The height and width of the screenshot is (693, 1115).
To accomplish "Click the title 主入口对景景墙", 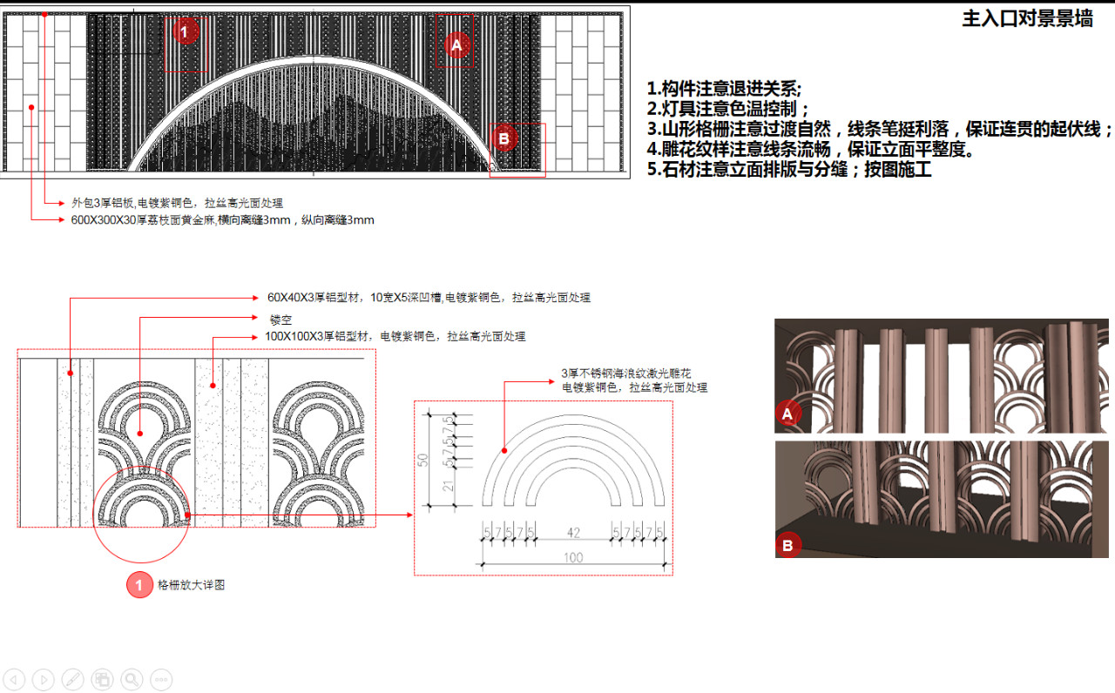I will click(x=1027, y=19).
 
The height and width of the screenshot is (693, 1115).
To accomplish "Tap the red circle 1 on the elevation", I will click(x=185, y=33).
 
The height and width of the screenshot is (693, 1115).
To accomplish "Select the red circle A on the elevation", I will click(x=457, y=44).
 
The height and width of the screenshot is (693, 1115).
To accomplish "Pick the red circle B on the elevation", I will click(x=504, y=138).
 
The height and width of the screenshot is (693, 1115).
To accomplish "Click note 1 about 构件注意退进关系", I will click(x=724, y=89).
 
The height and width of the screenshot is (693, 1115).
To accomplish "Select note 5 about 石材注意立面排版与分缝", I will click(x=789, y=170).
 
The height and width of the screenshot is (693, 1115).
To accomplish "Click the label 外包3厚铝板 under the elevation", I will click(x=177, y=202).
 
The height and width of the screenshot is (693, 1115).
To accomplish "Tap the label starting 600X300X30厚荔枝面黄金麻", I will click(x=222, y=220).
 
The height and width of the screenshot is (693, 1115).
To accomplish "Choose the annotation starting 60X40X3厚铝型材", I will click(x=429, y=298).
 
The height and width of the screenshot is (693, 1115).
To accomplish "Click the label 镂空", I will click(x=280, y=320).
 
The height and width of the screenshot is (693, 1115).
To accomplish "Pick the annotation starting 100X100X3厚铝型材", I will click(x=395, y=336).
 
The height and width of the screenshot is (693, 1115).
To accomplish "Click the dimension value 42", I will click(x=572, y=531).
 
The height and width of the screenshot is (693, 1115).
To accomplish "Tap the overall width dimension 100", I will click(x=572, y=557).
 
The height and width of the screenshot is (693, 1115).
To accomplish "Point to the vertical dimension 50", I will click(x=423, y=459).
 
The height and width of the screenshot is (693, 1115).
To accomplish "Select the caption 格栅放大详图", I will click(x=191, y=585).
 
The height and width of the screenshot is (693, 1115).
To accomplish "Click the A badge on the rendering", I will click(x=787, y=414).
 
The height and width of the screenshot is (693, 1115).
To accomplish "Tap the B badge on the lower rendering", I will click(x=787, y=546).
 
